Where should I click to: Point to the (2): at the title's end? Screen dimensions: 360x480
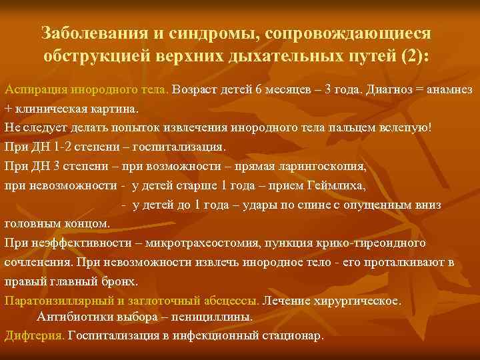(417, 56)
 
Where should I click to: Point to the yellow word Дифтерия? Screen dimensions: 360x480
(33, 335)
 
